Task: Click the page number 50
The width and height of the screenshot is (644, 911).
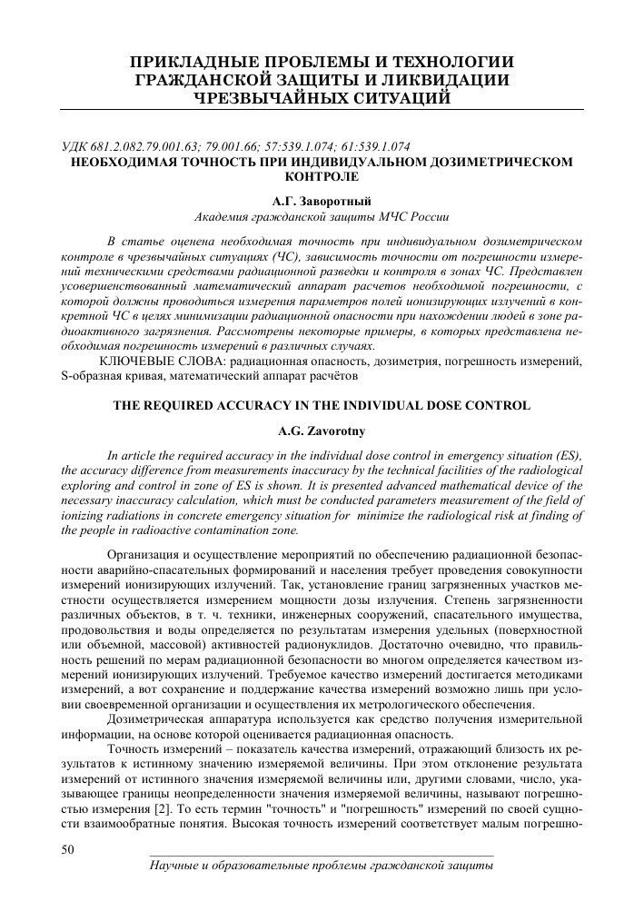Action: [66, 850]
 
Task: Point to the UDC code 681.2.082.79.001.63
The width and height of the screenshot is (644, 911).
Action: [147, 147]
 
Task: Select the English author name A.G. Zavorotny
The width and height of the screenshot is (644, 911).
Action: [322, 431]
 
